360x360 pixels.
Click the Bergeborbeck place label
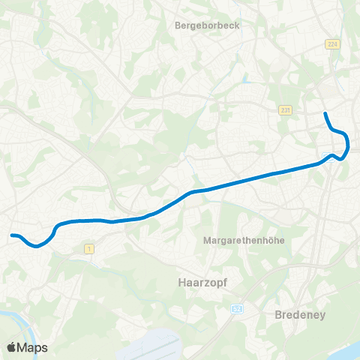pyautogui.click(x=205, y=25)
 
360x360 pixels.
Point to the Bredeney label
pyautogui.click(x=301, y=315)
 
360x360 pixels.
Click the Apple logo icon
pyautogui.click(x=13, y=347)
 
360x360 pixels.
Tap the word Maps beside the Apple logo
pyautogui.click(x=33, y=347)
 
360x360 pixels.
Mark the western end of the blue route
pyautogui.click(x=11, y=236)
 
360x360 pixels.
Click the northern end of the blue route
pyautogui.click(x=325, y=113)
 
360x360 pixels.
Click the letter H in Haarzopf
pyautogui.click(x=184, y=283)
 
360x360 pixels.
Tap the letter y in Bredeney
pyautogui.click(x=322, y=316)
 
